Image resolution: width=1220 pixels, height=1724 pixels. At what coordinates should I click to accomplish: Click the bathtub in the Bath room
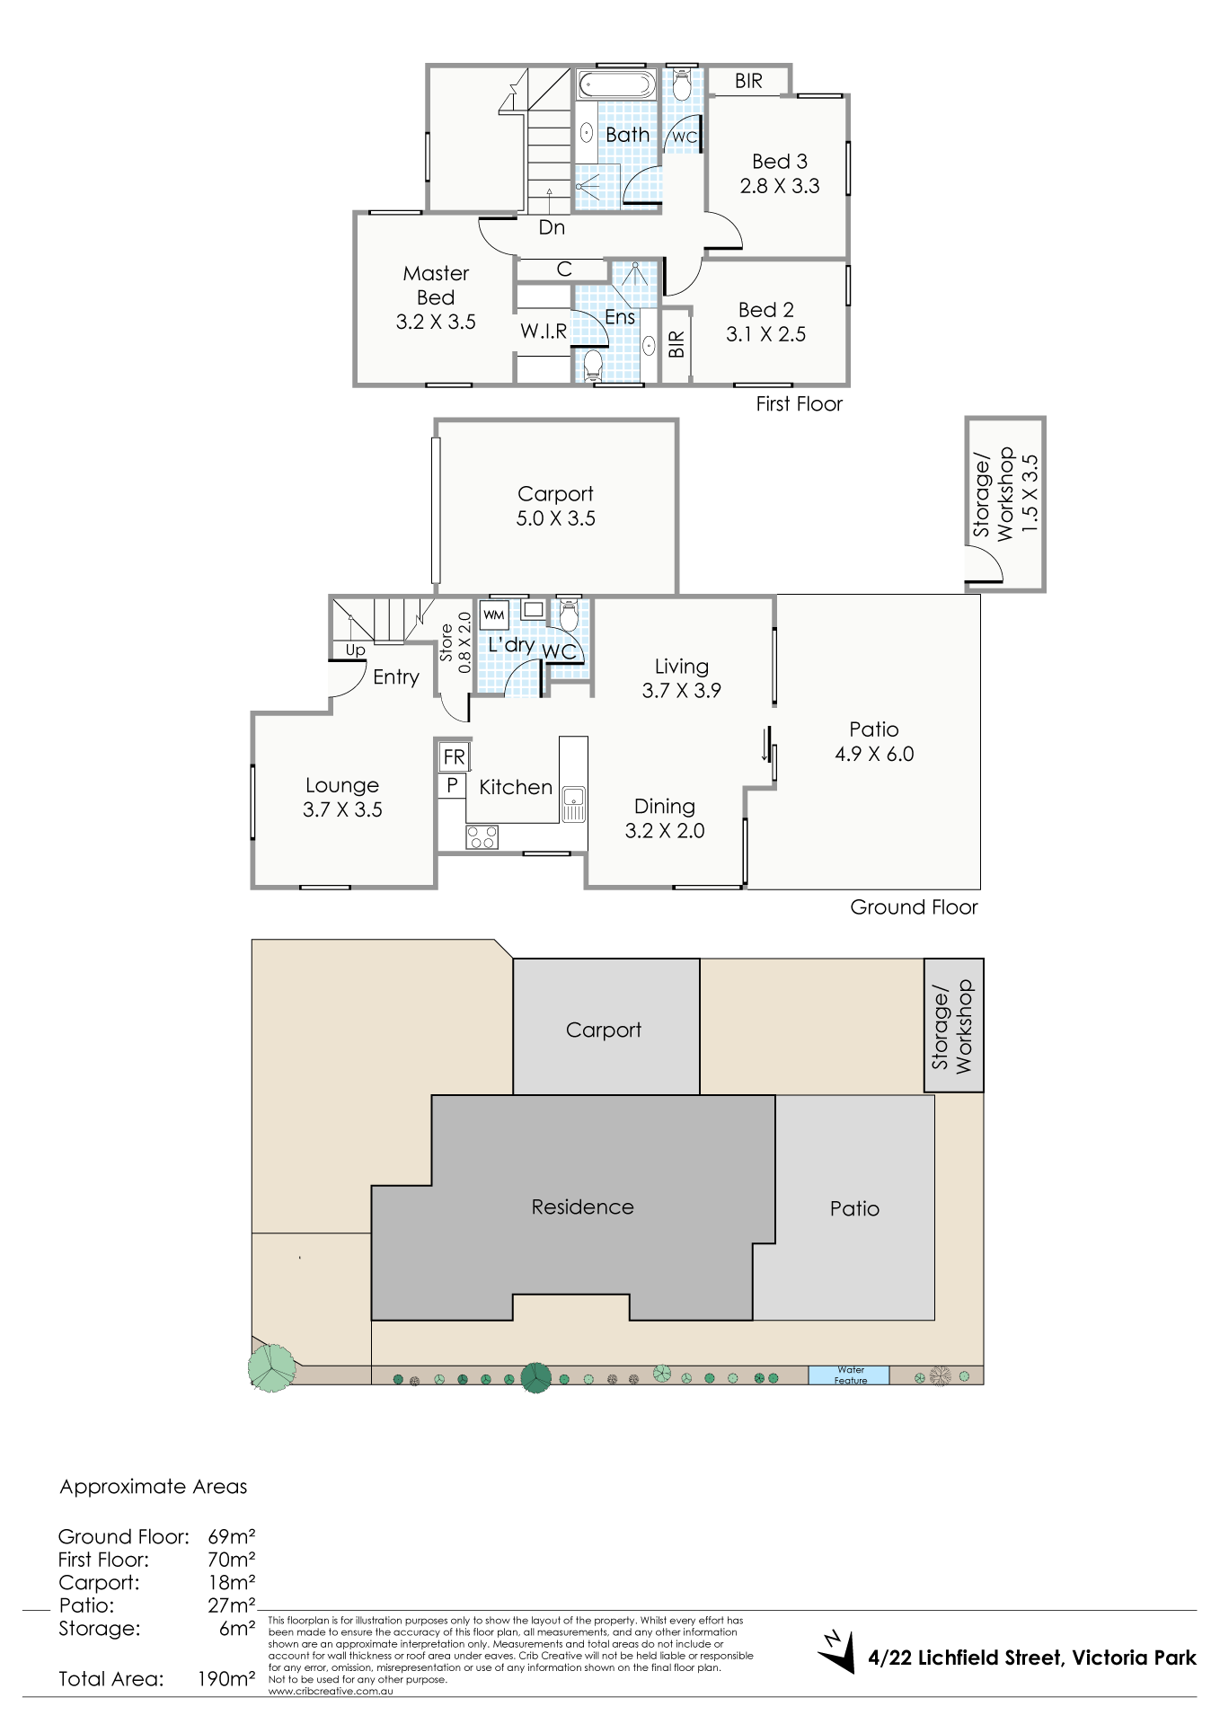tap(616, 85)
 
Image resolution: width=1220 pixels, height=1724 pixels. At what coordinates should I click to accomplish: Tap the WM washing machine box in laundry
tap(494, 615)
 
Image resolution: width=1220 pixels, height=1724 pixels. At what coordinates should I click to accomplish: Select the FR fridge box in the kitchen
tap(454, 757)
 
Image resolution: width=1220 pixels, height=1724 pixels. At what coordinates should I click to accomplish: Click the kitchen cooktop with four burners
tap(482, 837)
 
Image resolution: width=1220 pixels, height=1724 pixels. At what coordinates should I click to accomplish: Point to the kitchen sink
tap(573, 804)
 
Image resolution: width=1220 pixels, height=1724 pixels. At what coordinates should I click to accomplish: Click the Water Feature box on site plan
tap(849, 1375)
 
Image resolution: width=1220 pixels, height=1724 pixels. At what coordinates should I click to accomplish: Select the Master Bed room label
tap(436, 285)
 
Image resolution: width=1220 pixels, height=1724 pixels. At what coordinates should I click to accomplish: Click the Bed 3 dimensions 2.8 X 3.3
tap(780, 186)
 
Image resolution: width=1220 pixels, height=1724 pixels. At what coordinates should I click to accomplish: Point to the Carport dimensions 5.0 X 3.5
tap(555, 518)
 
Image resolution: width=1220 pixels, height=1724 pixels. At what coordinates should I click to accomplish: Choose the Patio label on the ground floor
tap(874, 729)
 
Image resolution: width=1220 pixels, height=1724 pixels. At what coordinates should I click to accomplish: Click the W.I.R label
tap(544, 332)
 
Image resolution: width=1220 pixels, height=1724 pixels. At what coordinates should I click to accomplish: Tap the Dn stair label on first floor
tap(552, 227)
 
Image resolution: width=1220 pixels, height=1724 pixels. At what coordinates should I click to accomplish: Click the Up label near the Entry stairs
tap(356, 650)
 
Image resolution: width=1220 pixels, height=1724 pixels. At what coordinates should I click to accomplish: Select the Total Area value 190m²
tap(226, 1678)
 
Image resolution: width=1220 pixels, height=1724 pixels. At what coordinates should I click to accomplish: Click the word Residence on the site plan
tap(582, 1207)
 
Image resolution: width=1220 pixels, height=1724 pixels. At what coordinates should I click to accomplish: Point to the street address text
tap(1032, 1658)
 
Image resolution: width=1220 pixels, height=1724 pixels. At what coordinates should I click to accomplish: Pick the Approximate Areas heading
tap(154, 1487)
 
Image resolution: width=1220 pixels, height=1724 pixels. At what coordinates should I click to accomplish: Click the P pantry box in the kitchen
tap(452, 785)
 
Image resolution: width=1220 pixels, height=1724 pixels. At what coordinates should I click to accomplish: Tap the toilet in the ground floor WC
tap(569, 616)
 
